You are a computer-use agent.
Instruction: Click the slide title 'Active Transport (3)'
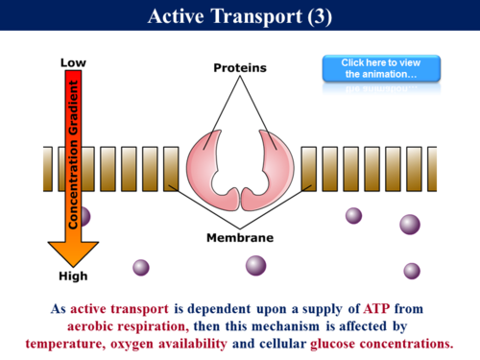(x=239, y=15)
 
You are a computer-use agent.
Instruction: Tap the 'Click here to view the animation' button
(x=380, y=68)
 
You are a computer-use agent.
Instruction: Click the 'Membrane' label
(x=240, y=237)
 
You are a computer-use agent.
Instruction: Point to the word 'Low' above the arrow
(x=74, y=62)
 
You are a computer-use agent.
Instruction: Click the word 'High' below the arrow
(x=73, y=276)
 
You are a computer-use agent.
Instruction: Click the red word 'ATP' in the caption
(x=377, y=309)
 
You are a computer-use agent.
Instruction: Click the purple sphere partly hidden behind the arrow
(x=84, y=217)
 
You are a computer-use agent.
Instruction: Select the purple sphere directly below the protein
(x=255, y=265)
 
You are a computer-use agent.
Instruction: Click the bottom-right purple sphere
(x=412, y=271)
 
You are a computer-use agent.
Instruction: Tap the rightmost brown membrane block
(x=431, y=169)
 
